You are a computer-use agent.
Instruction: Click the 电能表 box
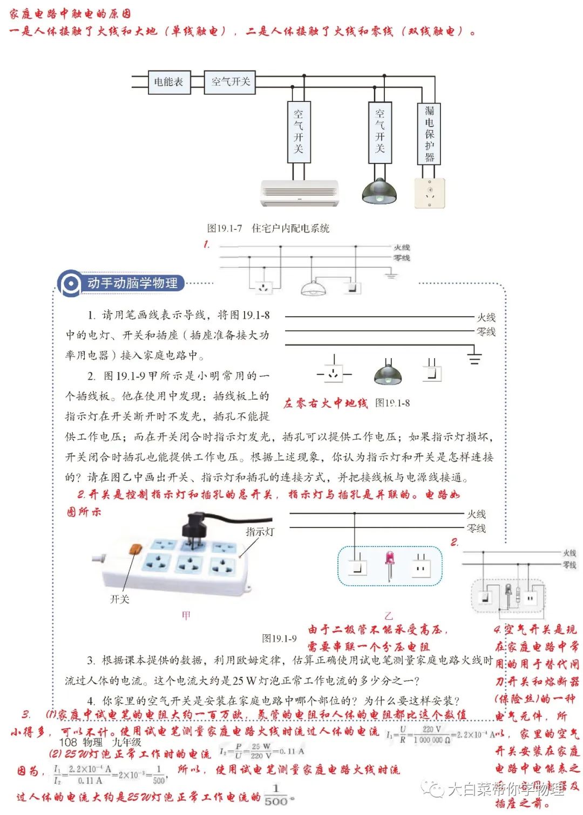point(169,82)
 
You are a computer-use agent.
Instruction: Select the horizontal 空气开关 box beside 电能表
point(230,82)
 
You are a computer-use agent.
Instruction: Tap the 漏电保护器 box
point(429,134)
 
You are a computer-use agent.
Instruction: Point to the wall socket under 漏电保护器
point(430,193)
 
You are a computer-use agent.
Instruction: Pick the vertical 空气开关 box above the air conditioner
point(299,132)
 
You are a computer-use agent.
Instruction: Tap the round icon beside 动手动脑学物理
point(70,284)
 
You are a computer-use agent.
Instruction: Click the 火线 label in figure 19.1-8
point(486,317)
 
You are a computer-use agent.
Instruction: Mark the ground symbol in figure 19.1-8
point(474,357)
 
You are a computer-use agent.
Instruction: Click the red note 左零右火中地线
point(326,403)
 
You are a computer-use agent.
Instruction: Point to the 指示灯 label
point(260,532)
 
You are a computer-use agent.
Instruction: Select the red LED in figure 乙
point(389,561)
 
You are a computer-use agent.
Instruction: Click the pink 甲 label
point(186,615)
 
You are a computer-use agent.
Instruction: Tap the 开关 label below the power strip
point(119,599)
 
